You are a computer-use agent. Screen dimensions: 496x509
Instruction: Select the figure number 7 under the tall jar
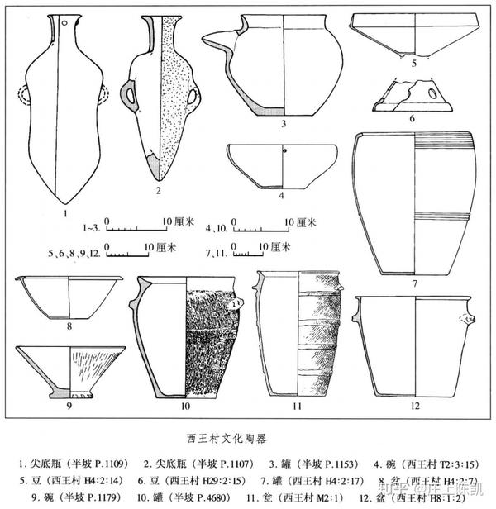[414, 283]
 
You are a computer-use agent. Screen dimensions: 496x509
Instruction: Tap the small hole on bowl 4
[283, 152]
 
